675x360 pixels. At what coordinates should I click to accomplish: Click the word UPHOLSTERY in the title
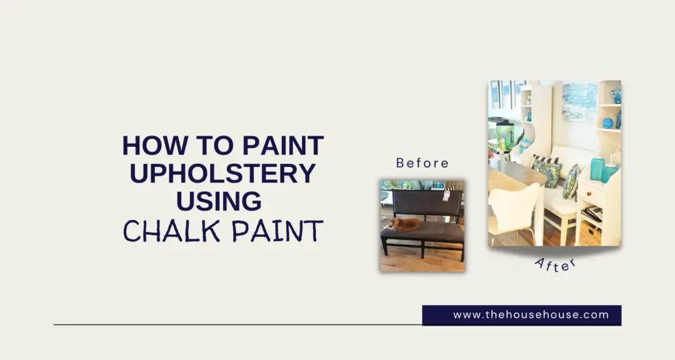coord(222,173)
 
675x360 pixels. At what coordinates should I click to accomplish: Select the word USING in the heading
coord(219,201)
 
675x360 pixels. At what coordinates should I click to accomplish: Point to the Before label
coord(422,163)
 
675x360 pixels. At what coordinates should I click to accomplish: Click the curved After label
coord(556,264)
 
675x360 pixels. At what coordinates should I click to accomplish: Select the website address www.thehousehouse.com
coord(531,315)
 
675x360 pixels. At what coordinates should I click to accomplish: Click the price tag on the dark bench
coord(446,196)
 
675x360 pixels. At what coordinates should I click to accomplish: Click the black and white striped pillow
coord(544,162)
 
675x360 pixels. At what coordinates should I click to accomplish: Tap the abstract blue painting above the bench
coord(580,102)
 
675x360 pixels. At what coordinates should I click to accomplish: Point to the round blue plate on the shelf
coord(608,123)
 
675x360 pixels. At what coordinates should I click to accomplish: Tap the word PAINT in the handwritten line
coord(277,231)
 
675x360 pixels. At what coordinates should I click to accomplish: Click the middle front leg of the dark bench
coord(423,250)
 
